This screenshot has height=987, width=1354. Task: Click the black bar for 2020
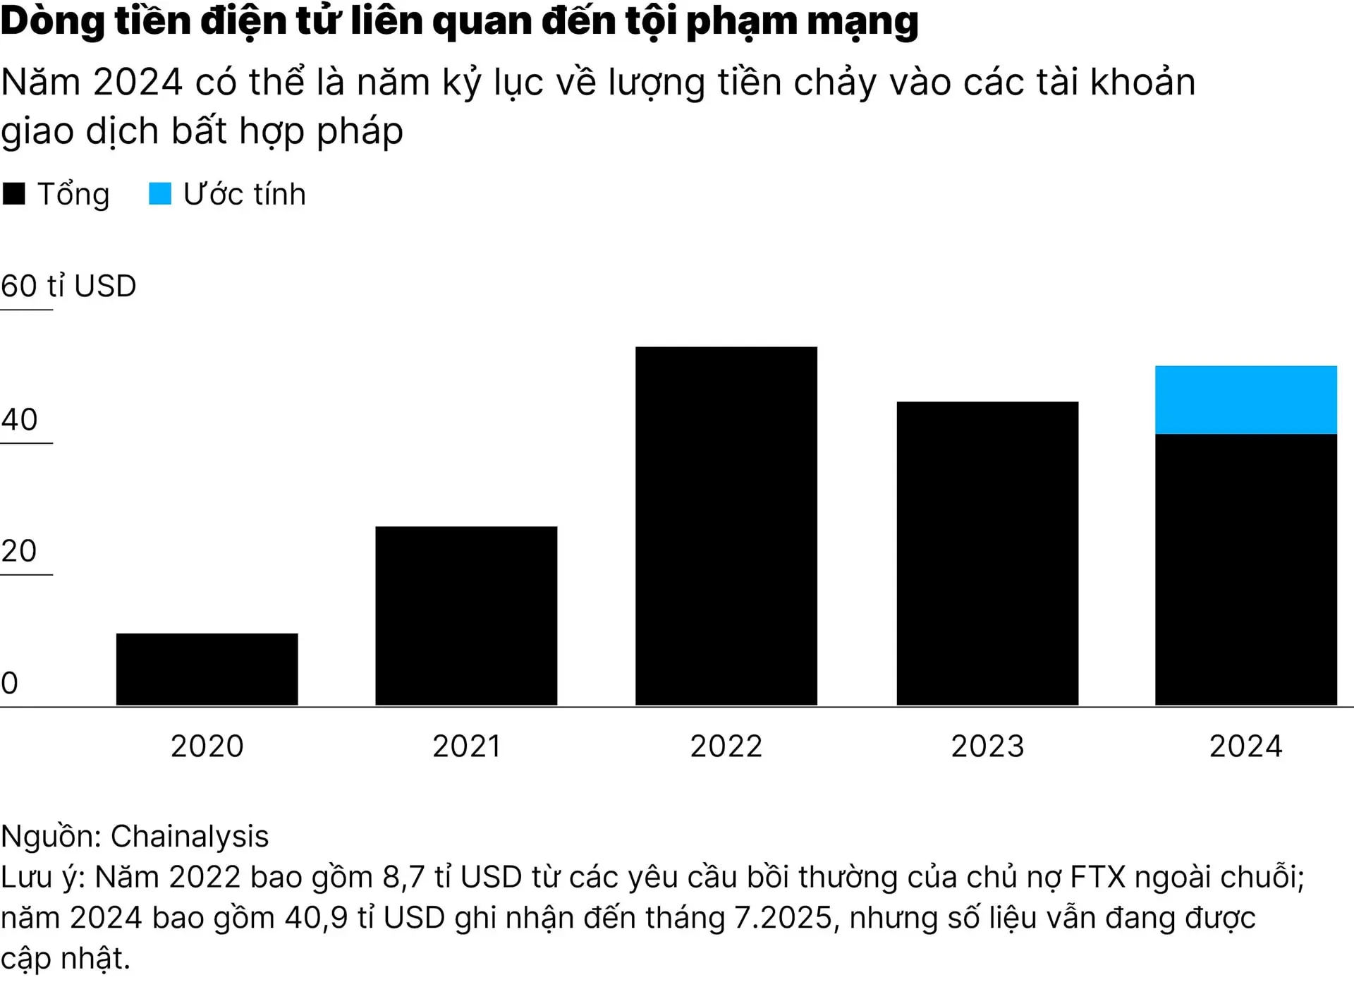pyautogui.click(x=207, y=669)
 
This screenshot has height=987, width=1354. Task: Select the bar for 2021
pyautogui.click(x=466, y=615)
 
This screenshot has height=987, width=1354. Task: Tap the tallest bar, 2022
pyautogui.click(x=726, y=526)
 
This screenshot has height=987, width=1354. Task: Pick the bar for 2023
pyautogui.click(x=987, y=553)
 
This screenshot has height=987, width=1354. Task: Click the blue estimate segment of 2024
pyautogui.click(x=1245, y=399)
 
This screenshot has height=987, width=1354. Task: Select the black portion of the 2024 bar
pyautogui.click(x=1245, y=569)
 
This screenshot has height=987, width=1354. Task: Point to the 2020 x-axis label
pyautogui.click(x=207, y=746)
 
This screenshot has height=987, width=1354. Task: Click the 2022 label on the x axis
pyautogui.click(x=726, y=746)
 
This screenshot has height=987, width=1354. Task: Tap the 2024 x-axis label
pyautogui.click(x=1245, y=746)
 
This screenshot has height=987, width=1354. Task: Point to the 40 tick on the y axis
pyautogui.click(x=19, y=420)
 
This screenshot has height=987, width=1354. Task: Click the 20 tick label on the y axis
pyautogui.click(x=19, y=551)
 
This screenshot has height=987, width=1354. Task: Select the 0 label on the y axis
pyautogui.click(x=10, y=683)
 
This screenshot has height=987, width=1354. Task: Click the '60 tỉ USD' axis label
pyautogui.click(x=68, y=286)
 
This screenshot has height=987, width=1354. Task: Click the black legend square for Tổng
pyautogui.click(x=14, y=193)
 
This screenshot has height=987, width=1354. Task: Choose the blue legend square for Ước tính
pyautogui.click(x=160, y=193)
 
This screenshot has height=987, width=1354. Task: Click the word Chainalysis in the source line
pyautogui.click(x=190, y=837)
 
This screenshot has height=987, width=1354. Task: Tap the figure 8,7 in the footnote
pyautogui.click(x=403, y=878)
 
